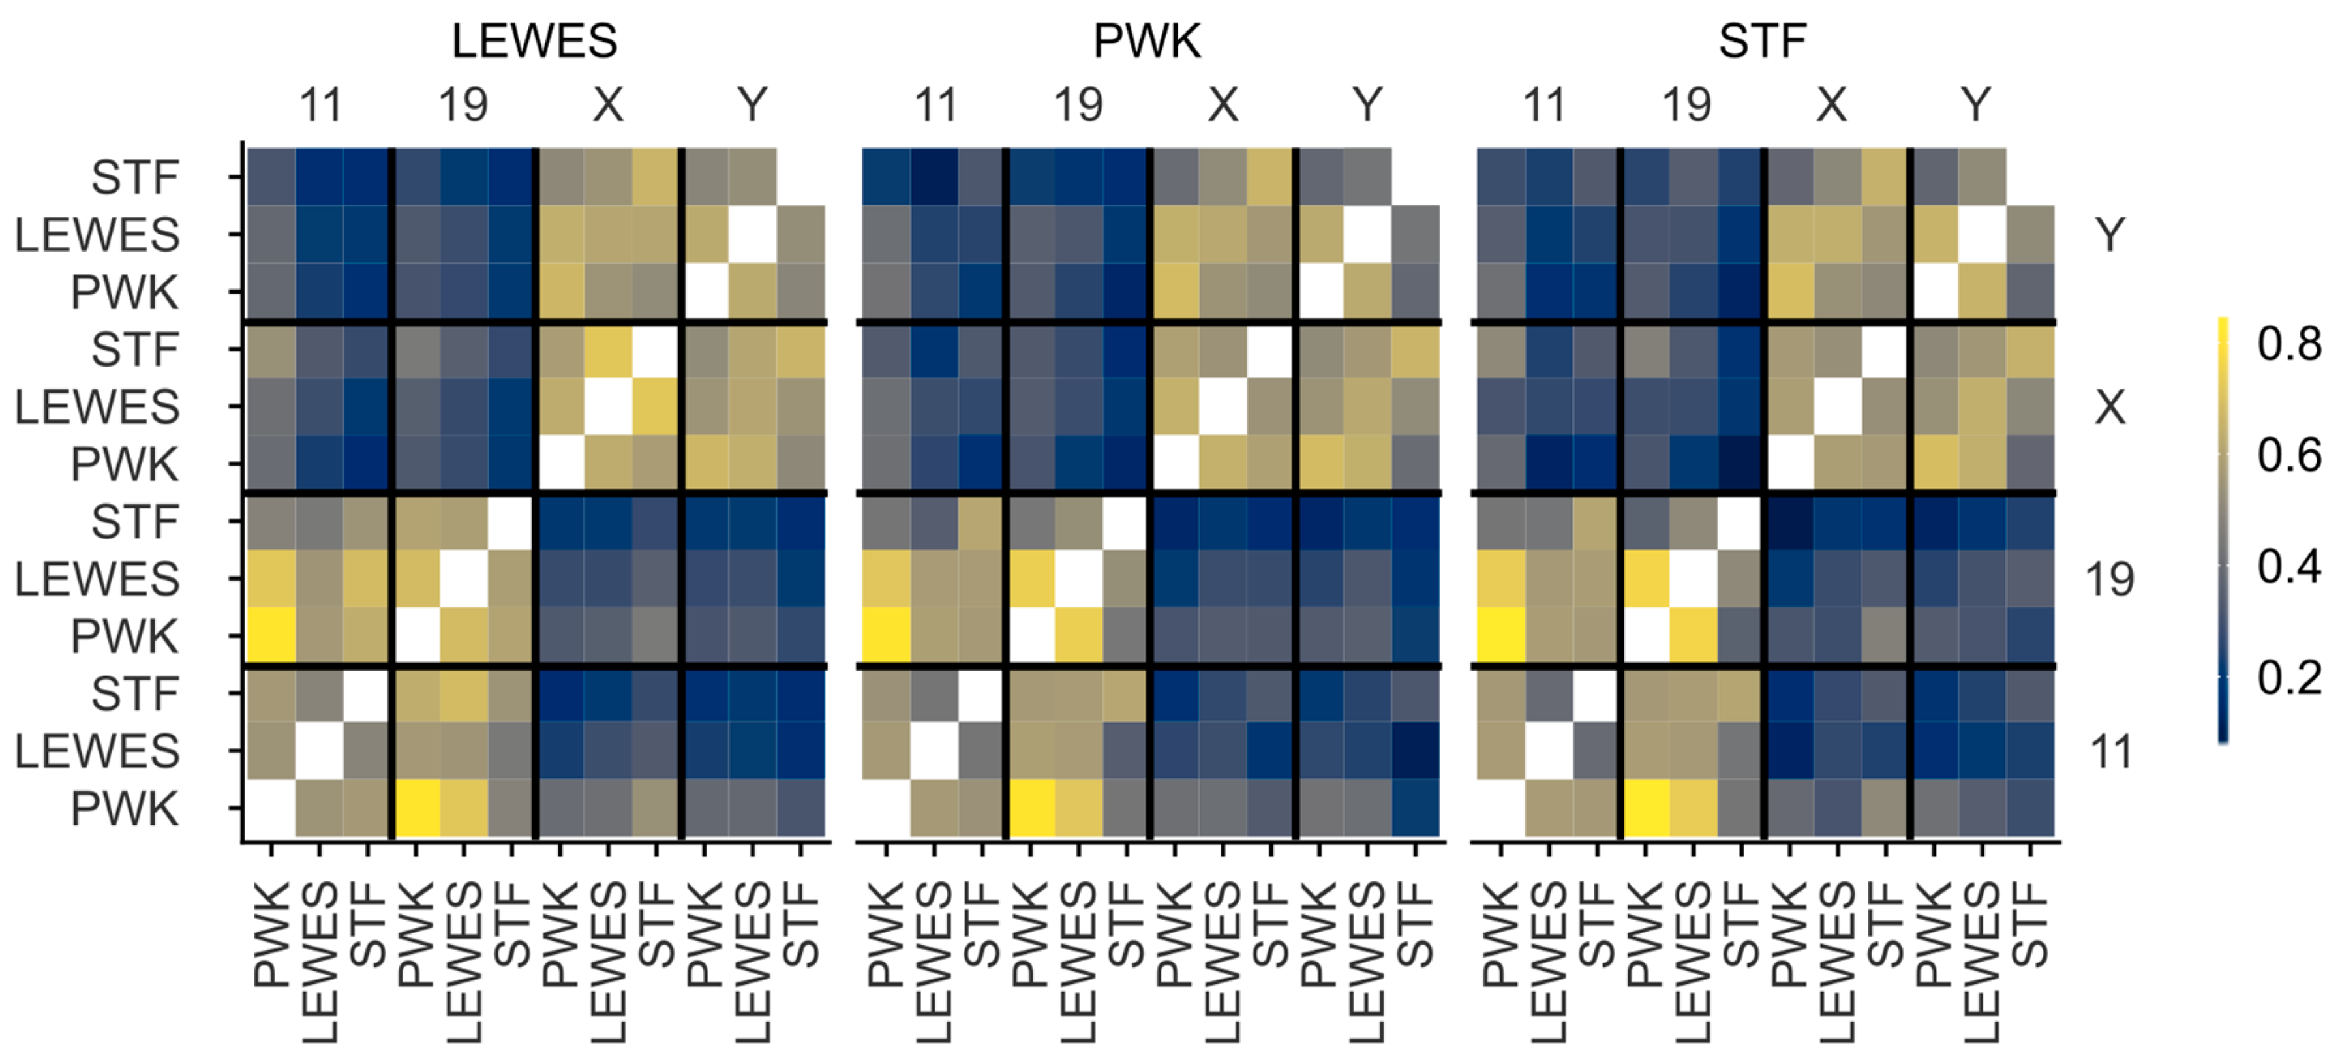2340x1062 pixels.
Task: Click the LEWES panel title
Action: coord(534,42)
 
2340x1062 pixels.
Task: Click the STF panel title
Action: coord(1761,42)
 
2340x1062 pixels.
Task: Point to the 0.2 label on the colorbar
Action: coord(2288,678)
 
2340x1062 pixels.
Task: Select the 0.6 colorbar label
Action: coord(2288,455)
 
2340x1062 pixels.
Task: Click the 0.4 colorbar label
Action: coord(2288,567)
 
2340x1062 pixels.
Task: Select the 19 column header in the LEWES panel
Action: coord(463,106)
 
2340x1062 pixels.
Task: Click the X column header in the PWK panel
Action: coord(1223,106)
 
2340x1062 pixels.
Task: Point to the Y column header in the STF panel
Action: coord(1976,106)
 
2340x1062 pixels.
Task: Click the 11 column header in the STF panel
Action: coord(1543,106)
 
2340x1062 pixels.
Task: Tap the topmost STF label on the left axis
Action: coord(134,177)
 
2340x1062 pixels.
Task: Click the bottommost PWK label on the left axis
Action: coord(125,808)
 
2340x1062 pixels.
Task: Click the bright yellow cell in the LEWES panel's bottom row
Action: coord(416,808)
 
